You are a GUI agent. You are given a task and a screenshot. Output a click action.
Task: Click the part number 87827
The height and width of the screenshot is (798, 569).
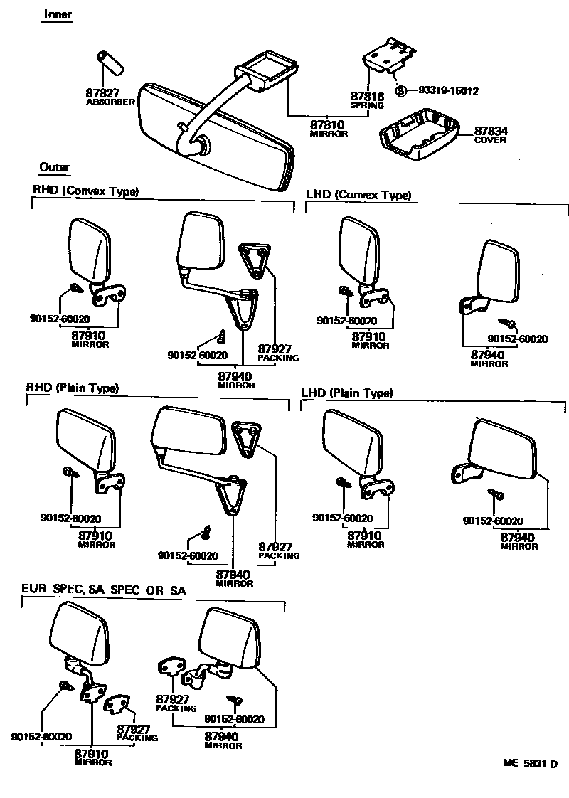click(102, 93)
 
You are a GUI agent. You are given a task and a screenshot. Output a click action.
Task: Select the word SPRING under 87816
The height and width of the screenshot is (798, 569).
click(367, 105)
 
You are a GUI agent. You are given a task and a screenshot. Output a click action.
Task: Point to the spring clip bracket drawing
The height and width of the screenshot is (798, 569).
click(390, 55)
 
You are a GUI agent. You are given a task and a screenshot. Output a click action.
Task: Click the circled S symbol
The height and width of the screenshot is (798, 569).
click(402, 91)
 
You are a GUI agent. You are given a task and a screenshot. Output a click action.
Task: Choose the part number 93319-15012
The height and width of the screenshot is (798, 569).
click(448, 91)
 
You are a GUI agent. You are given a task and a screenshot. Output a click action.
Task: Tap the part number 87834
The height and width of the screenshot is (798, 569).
click(490, 131)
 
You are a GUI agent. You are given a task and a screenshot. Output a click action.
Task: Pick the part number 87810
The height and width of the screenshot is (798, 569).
click(329, 125)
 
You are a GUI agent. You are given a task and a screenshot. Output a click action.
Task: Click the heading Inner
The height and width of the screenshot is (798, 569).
click(58, 14)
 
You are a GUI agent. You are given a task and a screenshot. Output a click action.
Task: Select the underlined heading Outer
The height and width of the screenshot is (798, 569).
click(55, 168)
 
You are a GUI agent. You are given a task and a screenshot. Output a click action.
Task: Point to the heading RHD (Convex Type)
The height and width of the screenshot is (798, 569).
click(85, 191)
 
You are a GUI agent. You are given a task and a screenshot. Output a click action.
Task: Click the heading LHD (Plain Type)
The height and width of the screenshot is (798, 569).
click(347, 393)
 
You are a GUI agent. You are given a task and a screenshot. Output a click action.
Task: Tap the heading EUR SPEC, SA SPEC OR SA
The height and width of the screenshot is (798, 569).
click(104, 589)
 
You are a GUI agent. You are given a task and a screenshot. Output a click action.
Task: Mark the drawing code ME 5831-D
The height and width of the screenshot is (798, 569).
click(529, 764)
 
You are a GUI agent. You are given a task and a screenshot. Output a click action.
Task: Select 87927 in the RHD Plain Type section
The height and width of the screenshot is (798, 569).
click(275, 546)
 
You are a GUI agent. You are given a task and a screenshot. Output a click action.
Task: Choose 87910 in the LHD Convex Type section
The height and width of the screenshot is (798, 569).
click(369, 336)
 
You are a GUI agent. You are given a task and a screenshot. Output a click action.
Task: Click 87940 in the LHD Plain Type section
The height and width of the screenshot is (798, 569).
click(519, 538)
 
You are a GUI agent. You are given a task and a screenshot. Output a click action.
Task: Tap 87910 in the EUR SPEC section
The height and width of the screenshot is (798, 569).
click(92, 754)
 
